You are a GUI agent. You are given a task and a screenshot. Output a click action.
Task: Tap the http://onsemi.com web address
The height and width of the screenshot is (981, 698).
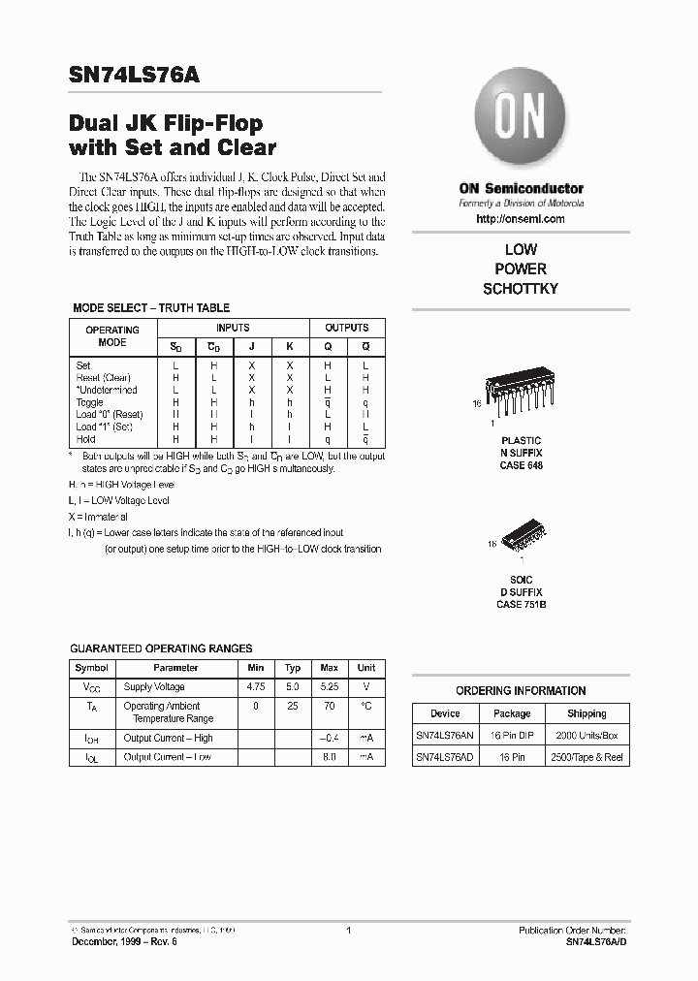point(521,220)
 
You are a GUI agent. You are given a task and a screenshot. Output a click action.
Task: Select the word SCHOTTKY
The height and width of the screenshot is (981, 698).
point(521,289)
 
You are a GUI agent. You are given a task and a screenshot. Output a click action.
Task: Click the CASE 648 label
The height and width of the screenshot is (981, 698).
point(521,466)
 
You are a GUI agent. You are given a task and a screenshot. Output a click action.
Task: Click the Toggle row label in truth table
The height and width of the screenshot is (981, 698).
point(89,402)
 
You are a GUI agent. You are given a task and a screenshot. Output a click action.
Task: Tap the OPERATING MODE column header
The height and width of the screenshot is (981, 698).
point(112,335)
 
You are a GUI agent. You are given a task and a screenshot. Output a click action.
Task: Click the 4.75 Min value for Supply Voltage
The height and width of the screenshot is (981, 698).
point(255,687)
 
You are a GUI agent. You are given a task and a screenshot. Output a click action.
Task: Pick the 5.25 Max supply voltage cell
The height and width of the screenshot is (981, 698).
point(330,687)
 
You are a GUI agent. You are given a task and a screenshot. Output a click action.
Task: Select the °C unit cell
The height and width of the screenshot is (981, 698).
point(366,707)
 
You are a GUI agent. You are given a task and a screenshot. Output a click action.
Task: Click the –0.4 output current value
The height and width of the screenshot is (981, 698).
point(330,739)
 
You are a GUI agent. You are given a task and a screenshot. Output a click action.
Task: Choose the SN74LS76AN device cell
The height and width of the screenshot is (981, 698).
point(445,735)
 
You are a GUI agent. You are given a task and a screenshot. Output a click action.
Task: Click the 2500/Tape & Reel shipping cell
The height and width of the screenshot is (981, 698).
point(587,757)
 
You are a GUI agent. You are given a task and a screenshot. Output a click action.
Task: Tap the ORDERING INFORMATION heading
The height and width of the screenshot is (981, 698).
point(521,691)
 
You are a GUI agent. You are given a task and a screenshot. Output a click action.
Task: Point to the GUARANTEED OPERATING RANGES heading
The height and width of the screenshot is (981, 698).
point(162,649)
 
